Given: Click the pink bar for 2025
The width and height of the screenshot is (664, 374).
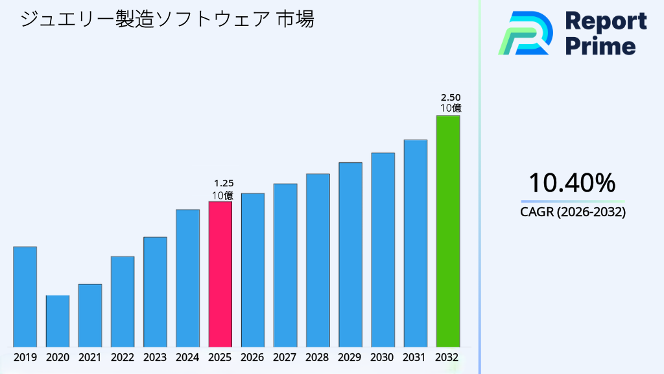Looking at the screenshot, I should click(220, 274).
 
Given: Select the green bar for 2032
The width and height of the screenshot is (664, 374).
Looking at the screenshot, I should click(447, 231).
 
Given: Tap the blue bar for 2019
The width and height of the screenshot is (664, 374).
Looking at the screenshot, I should click(25, 297).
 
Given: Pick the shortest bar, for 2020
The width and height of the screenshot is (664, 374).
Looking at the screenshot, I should click(57, 321).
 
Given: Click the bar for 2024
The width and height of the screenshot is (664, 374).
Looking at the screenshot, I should click(187, 278).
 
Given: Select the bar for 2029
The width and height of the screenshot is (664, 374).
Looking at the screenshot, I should click(350, 255).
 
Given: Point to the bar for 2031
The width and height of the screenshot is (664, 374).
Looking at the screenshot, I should click(415, 243).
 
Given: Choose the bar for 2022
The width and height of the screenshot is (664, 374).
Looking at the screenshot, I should click(123, 301).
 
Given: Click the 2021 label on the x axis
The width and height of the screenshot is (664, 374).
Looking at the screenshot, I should click(89, 357).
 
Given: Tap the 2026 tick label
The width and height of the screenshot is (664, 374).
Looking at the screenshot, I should click(252, 357).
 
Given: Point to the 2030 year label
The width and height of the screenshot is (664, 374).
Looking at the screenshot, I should click(383, 357).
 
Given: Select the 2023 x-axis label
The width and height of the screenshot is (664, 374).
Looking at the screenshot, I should click(155, 357).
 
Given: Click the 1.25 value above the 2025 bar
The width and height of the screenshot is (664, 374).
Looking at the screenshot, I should click(224, 184).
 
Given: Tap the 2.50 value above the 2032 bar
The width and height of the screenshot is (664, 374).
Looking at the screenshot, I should click(451, 97).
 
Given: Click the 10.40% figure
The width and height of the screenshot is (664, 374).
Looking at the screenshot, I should click(572, 183).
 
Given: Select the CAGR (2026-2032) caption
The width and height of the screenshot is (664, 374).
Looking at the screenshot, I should click(573, 212).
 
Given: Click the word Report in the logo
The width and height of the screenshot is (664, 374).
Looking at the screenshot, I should click(606, 21).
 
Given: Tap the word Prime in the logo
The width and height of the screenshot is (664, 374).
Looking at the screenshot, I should click(600, 46).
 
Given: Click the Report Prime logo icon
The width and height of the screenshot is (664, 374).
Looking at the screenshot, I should click(525, 32).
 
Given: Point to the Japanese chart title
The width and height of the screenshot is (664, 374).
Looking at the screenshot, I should click(167, 19).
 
